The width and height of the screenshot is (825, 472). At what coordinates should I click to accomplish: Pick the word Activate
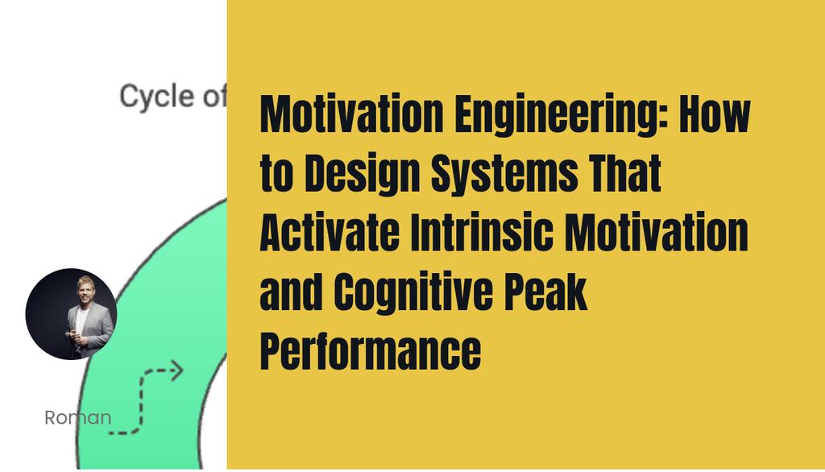(x=330, y=234)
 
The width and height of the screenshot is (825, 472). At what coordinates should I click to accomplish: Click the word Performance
(x=370, y=351)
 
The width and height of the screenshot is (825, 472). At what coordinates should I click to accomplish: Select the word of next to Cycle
(x=214, y=97)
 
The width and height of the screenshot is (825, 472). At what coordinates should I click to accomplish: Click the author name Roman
(x=78, y=418)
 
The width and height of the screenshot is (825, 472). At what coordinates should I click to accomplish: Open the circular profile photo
(x=71, y=314)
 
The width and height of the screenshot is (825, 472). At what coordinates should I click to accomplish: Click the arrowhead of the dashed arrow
(x=176, y=371)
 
